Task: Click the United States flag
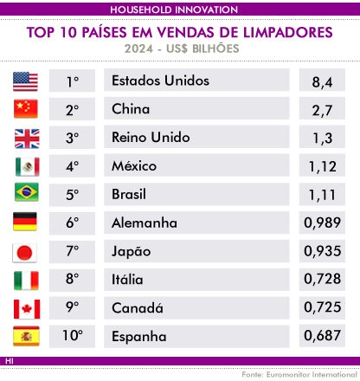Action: [25, 81]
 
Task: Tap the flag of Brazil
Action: [27, 192]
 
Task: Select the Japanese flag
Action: [24, 253]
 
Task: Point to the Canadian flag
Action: [27, 309]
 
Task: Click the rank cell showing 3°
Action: [72, 138]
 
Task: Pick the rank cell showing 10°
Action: [73, 336]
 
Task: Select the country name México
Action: [134, 165]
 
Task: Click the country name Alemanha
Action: [145, 223]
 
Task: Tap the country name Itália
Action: [127, 279]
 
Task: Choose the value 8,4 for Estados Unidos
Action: [322, 82]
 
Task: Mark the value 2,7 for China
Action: [322, 110]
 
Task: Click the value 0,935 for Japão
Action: [323, 251]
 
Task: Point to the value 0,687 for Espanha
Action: [323, 335]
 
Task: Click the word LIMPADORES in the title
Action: [288, 32]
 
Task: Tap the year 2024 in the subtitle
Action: [138, 48]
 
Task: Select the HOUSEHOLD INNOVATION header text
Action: [174, 10]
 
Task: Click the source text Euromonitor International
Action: [312, 375]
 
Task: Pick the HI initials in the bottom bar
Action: [9, 361]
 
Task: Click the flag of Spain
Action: [26, 336]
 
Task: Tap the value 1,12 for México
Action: [323, 166]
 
